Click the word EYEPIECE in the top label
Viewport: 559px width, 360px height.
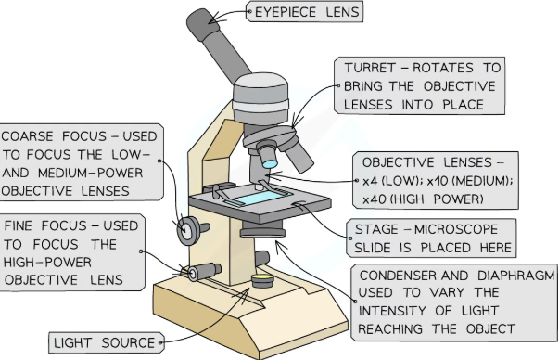(286, 12)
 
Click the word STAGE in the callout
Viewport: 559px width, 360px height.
(376, 229)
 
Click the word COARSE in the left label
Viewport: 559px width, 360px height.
(28, 136)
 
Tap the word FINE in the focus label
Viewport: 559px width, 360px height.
(19, 225)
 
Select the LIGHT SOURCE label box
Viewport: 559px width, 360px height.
(107, 343)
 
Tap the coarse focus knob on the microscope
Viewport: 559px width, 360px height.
(188, 230)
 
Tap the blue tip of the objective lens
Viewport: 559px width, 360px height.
(270, 164)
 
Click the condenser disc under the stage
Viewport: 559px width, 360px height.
(262, 229)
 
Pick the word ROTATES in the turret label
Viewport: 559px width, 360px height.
(443, 68)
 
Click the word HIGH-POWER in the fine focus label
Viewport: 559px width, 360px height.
(47, 263)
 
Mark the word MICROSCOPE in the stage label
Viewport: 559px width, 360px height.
(456, 229)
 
